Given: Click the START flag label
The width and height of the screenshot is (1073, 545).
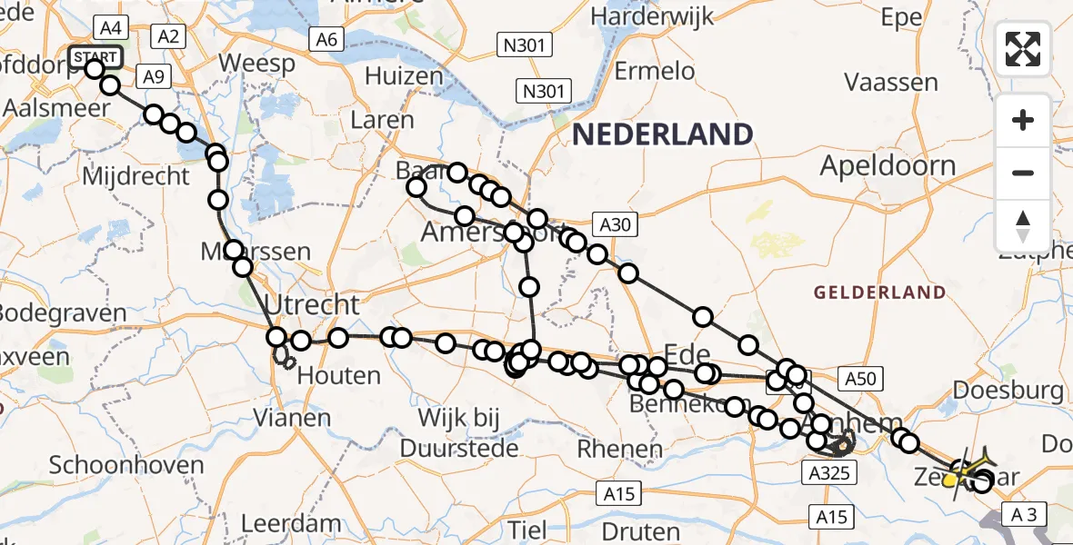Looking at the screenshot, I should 95,57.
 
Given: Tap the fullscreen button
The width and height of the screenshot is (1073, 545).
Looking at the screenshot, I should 1023,49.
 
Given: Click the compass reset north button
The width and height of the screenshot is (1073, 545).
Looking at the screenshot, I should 1023,226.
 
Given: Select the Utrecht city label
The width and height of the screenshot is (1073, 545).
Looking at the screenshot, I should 313,304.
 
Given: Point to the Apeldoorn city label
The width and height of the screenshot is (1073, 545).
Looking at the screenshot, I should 887,166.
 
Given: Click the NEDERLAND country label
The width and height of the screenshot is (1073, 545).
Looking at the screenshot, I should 663,135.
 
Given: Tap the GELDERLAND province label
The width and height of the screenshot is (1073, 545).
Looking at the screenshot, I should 879,292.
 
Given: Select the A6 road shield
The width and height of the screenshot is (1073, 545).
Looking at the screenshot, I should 326,39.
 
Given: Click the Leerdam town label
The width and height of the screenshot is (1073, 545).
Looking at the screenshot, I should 291,524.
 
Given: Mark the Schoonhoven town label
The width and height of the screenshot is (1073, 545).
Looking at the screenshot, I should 125,465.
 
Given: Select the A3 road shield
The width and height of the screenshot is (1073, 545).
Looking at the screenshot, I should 1023,515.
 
